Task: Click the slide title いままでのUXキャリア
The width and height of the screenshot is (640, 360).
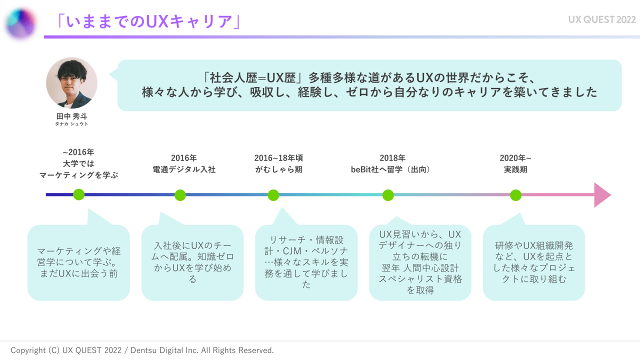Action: (148, 21)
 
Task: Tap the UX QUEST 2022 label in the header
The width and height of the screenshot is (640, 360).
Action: (601, 20)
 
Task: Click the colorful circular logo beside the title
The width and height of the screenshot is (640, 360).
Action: (21, 23)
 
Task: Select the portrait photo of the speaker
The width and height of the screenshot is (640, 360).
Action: (71, 83)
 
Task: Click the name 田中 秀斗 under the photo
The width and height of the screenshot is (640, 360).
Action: (71, 116)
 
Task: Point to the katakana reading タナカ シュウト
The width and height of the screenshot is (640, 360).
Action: (71, 124)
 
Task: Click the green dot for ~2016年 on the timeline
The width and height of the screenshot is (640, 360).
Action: (78, 195)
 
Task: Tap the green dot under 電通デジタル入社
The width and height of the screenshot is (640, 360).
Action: (180, 195)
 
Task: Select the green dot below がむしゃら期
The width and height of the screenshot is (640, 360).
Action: (273, 195)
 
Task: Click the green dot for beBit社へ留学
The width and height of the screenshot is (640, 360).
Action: (388, 195)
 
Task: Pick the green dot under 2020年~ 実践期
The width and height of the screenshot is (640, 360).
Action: (515, 195)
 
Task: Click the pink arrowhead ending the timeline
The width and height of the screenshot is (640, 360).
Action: (601, 195)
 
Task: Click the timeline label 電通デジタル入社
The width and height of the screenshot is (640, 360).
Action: (184, 169)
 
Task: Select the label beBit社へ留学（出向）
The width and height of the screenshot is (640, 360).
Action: (391, 169)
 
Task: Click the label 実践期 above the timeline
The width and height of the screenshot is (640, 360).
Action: (515, 169)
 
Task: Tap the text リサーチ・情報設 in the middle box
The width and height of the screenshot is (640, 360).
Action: (306, 239)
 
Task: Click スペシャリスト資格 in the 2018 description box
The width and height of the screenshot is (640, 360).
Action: (420, 279)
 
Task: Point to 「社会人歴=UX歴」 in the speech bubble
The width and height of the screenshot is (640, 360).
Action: (253, 78)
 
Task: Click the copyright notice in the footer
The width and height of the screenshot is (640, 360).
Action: (142, 350)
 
